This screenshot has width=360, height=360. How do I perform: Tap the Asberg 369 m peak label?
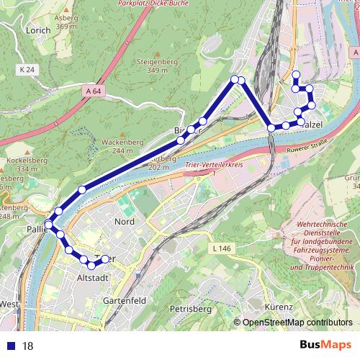point(66,22)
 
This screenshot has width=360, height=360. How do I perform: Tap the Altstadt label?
point(93,277)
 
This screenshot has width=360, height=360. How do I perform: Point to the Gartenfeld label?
point(120,299)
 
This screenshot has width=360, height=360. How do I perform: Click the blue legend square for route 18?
point(8,346)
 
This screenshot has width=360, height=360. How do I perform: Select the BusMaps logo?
point(325,346)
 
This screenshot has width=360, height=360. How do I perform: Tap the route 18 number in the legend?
point(28,346)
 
